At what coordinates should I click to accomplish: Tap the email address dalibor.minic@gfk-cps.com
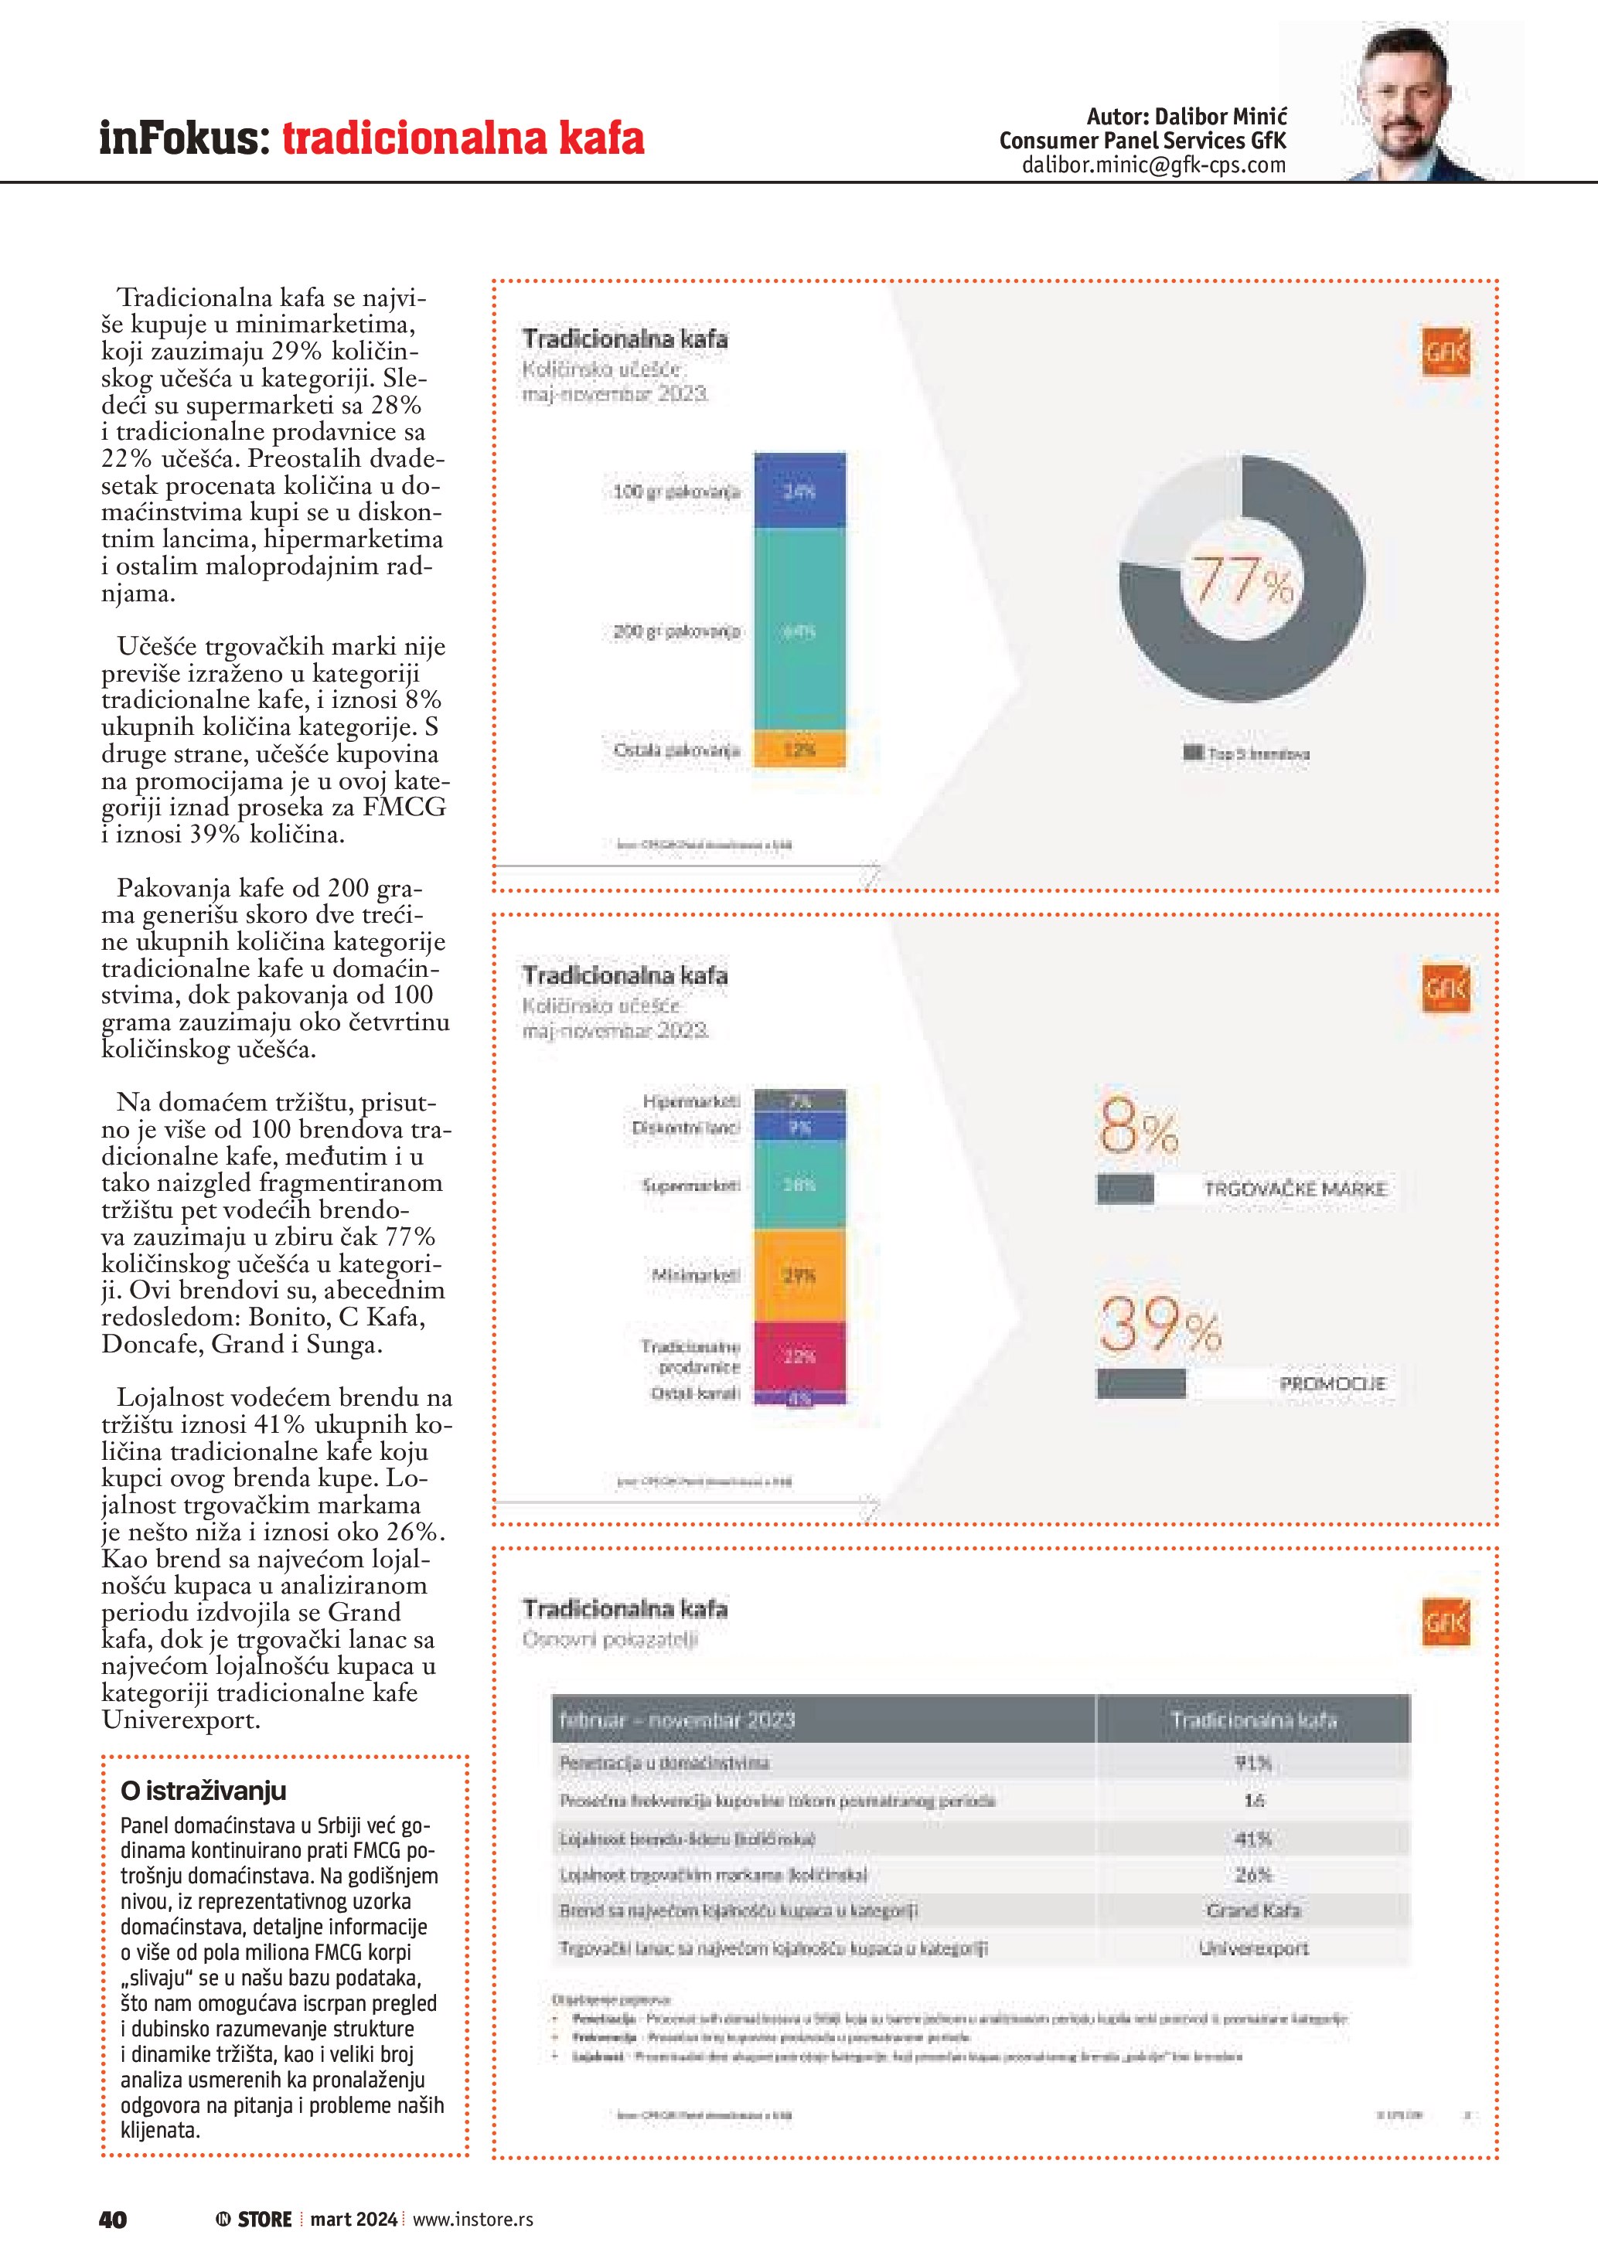click(1153, 165)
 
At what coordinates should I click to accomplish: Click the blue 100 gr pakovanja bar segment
click(799, 491)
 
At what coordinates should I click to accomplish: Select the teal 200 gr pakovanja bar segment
click(799, 631)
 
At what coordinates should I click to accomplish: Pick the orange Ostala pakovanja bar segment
click(799, 750)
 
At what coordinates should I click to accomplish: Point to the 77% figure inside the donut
click(1242, 580)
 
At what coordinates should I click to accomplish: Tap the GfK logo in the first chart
click(1444, 352)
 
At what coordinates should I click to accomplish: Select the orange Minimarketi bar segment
click(799, 1275)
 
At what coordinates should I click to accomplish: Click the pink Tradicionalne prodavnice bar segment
click(799, 1356)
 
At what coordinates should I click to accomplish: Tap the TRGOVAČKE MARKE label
click(1295, 1189)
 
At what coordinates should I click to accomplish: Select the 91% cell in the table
click(1252, 1762)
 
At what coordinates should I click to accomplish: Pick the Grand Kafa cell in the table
click(1252, 1910)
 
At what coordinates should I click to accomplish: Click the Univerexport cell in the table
click(1252, 1948)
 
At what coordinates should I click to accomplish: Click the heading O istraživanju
click(203, 1791)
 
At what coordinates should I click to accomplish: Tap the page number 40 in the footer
click(113, 2219)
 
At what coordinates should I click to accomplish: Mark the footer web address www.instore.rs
click(472, 2219)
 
